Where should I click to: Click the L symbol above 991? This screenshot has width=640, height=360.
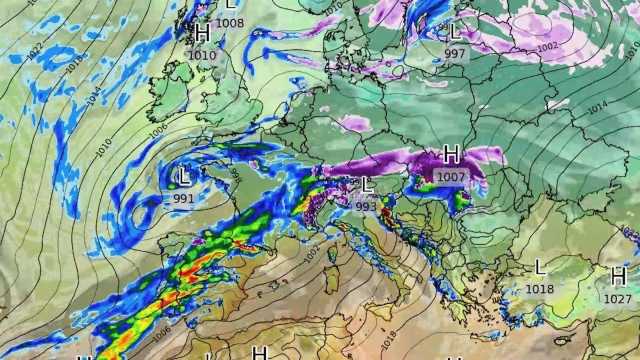(183, 178)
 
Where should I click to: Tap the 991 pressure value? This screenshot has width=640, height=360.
(184, 198)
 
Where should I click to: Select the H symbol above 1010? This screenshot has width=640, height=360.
(203, 34)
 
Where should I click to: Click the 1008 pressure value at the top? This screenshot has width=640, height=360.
(230, 22)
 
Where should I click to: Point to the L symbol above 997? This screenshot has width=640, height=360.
(455, 33)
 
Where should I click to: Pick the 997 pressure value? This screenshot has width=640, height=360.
(455, 53)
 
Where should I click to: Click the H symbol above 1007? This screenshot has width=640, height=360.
(451, 154)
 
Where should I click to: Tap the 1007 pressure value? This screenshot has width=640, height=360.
(450, 176)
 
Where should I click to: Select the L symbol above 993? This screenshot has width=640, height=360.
(367, 185)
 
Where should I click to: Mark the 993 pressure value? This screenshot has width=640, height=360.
(366, 206)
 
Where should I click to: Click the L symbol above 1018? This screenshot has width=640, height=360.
(540, 267)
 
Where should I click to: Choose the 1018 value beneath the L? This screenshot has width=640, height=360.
(540, 288)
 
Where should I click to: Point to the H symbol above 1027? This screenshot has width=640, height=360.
(618, 276)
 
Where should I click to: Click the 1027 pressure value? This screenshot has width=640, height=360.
(617, 298)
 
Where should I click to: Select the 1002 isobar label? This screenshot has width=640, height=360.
(547, 47)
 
